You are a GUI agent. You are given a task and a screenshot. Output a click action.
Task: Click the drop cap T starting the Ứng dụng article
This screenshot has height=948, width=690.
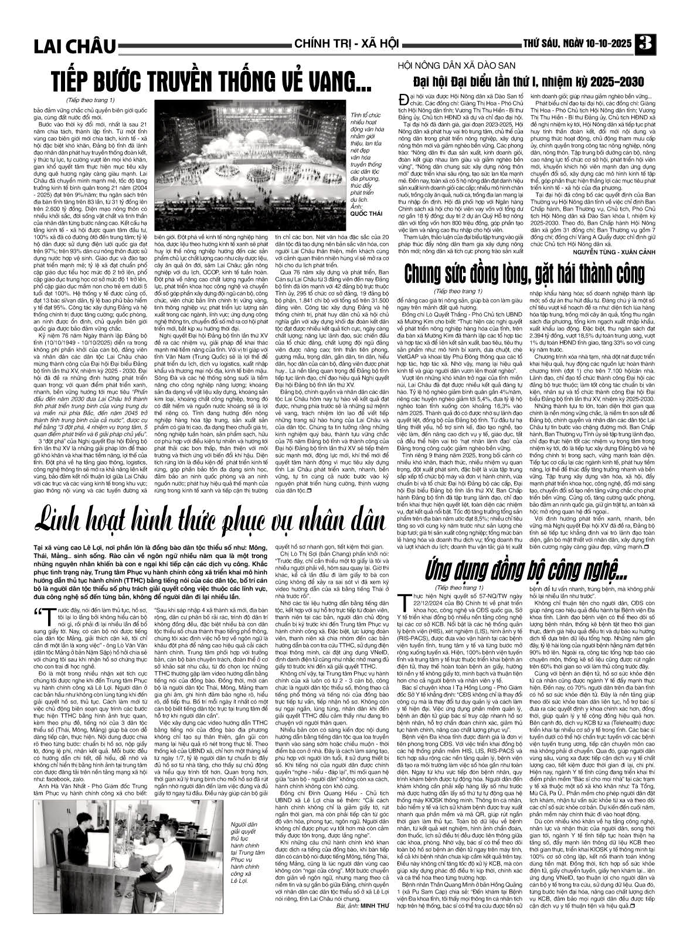402,597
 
